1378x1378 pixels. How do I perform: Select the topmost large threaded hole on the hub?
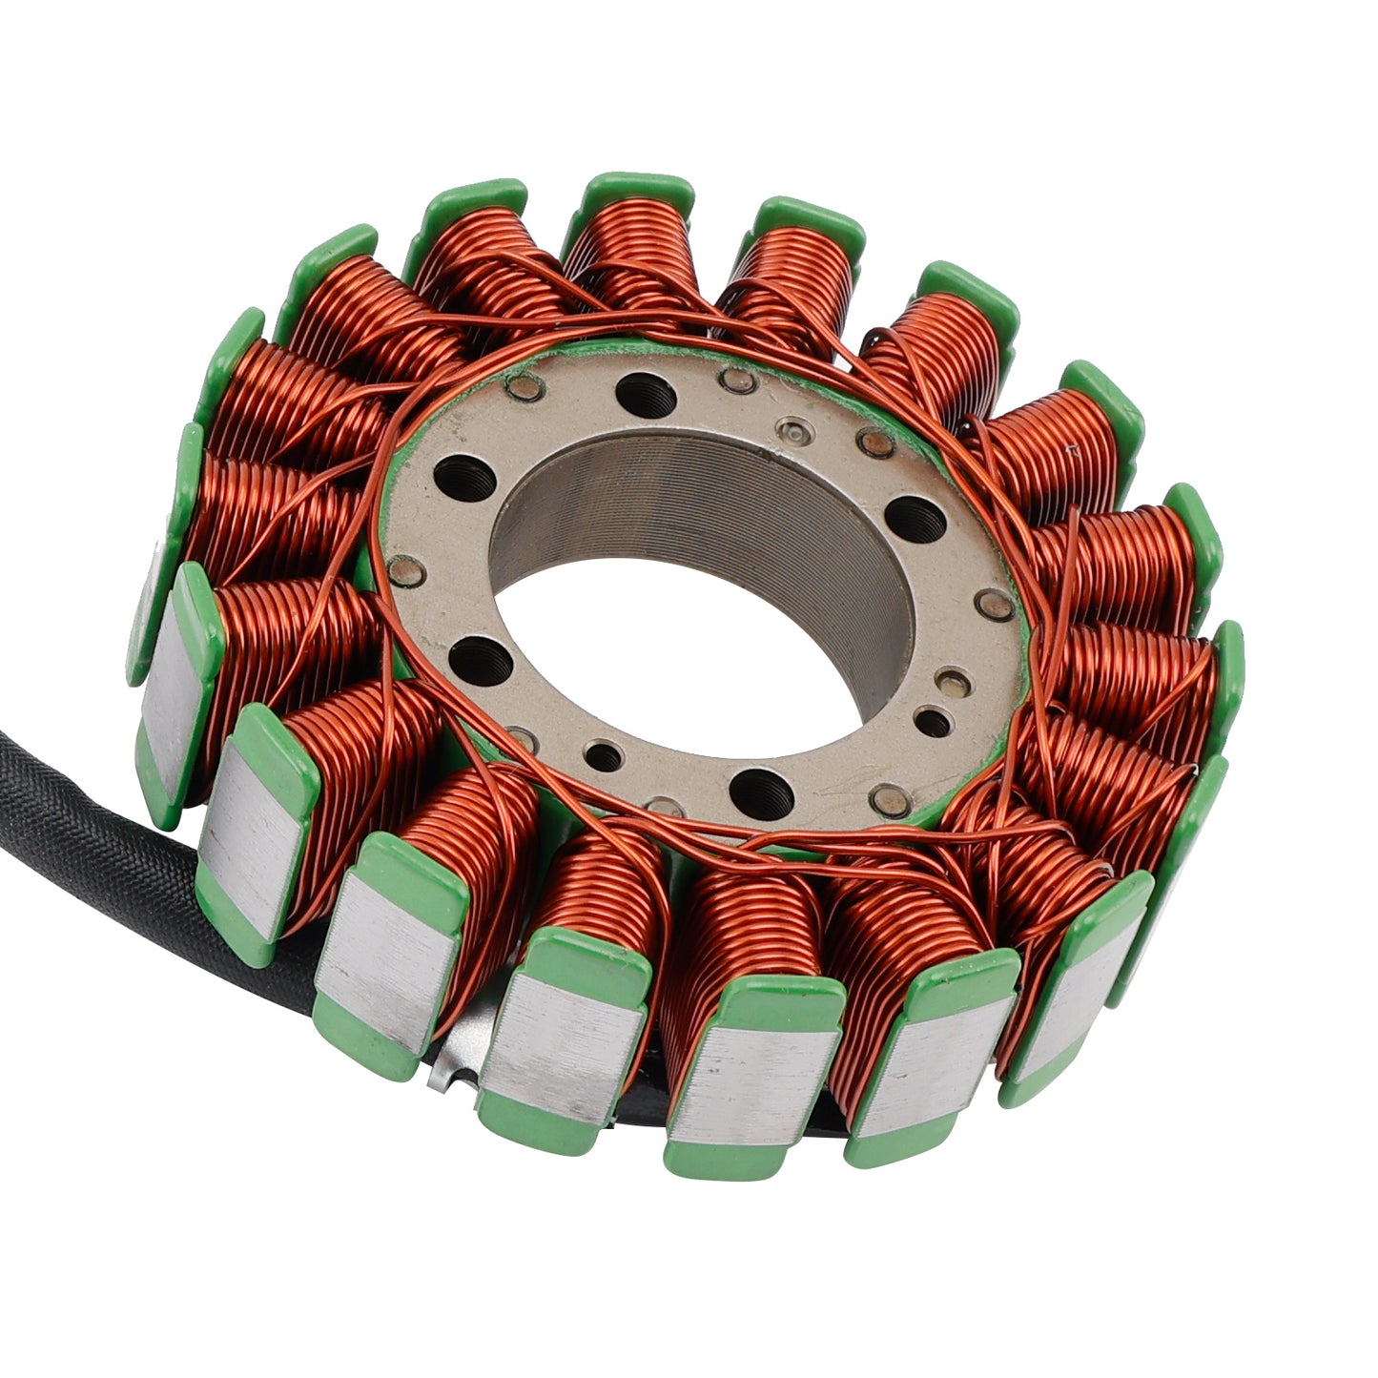[639, 390]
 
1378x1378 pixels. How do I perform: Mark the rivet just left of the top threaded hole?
[522, 387]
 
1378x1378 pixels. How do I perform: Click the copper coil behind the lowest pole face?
[753, 935]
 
